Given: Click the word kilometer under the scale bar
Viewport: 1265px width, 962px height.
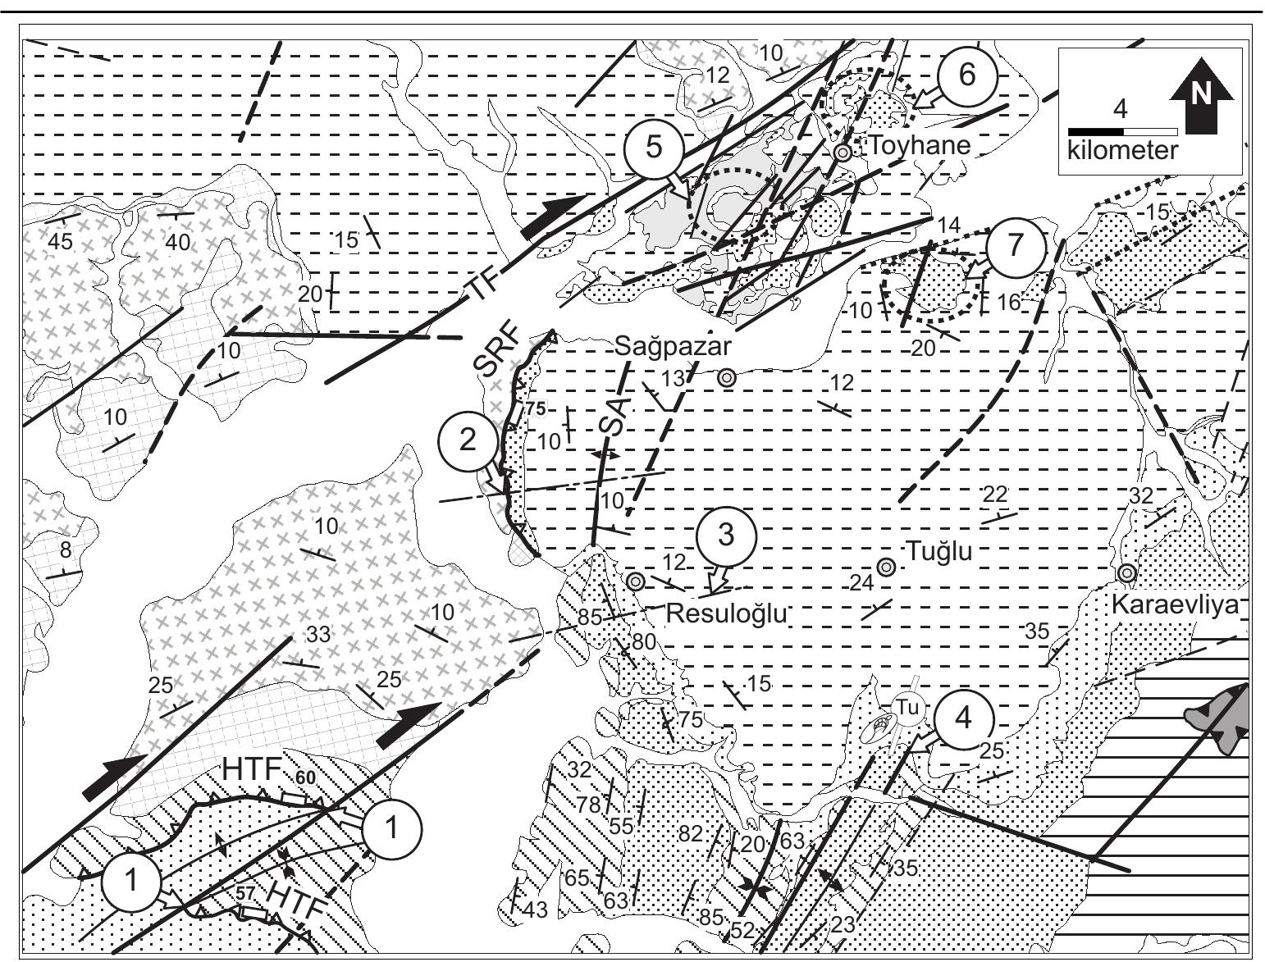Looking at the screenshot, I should click(1122, 151).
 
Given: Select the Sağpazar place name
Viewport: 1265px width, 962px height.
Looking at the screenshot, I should click(672, 346).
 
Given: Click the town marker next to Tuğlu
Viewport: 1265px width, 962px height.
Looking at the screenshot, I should click(886, 567).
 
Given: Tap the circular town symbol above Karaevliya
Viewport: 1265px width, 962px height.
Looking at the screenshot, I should click(1127, 572).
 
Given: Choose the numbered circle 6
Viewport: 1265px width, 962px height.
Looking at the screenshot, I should click(967, 75).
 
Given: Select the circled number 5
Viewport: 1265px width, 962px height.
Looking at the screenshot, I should click(653, 147).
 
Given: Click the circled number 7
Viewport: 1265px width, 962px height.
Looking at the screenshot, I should click(1016, 245).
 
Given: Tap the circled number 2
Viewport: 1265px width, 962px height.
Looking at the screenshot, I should click(467, 440).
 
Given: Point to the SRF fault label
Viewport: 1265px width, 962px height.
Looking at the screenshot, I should click(497, 353).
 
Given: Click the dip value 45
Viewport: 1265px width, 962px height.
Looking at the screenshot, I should click(60, 241).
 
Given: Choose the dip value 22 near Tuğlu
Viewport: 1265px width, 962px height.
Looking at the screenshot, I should click(994, 495).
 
